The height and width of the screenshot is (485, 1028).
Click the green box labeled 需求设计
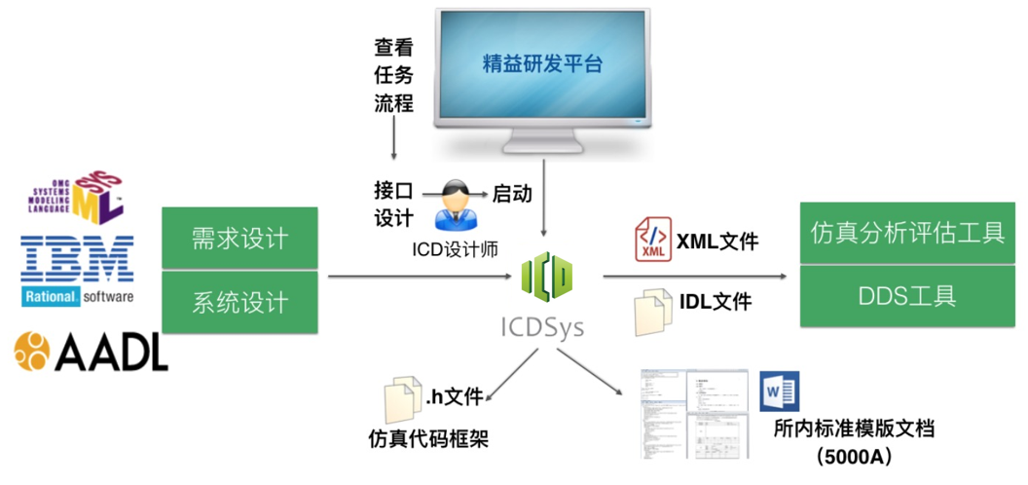pos(239,239)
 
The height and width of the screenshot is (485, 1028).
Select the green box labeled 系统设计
pos(239,302)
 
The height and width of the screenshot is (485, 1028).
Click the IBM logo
pos(77,259)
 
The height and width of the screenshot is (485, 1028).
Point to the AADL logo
pos(92,351)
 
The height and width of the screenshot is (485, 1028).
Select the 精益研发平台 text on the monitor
pos(542,65)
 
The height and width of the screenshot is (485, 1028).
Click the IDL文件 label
pos(716,302)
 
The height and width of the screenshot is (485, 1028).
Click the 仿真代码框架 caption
pos(427,439)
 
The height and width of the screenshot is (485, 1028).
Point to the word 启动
pos(512,193)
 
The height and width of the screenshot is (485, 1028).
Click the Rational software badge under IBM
pos(77,296)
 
